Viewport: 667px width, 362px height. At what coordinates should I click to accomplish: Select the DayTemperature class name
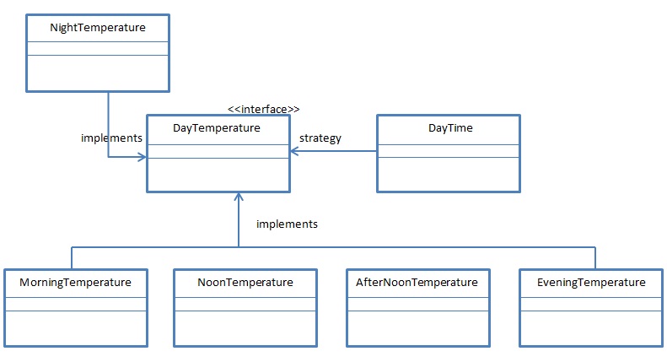point(217,127)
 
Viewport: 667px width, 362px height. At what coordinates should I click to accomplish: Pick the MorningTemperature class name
point(75,282)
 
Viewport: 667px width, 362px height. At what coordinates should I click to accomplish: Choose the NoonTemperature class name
point(245,282)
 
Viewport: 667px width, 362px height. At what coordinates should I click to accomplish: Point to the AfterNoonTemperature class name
point(417,282)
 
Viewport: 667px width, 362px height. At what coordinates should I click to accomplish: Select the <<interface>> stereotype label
point(264,109)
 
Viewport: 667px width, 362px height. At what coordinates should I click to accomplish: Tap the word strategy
point(320,138)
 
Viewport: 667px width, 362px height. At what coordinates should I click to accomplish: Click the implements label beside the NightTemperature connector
point(110,138)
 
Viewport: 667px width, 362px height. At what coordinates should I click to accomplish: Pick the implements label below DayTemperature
point(287,224)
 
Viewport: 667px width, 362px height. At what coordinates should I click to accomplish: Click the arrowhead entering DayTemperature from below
point(239,196)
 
